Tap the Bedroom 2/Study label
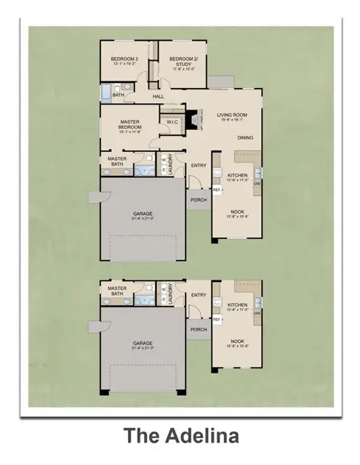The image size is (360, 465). [178, 58]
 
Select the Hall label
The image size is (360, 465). [158, 96]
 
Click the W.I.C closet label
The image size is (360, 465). [172, 122]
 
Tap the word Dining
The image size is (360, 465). [245, 137]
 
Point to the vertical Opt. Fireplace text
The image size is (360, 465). [201, 118]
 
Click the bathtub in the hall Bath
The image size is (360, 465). [106, 92]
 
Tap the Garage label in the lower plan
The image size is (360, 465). [143, 344]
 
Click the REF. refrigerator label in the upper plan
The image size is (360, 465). [217, 190]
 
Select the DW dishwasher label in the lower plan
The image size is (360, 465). [257, 312]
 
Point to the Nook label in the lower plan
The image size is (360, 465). [238, 340]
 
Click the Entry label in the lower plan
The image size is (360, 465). [199, 295]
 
